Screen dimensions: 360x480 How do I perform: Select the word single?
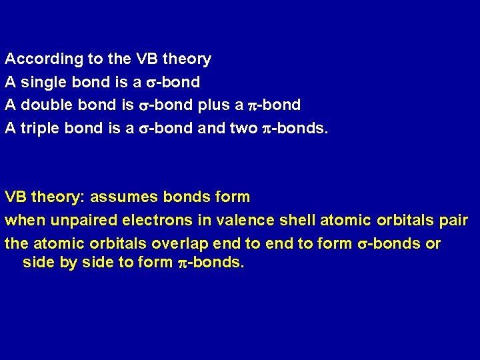coord(42,82)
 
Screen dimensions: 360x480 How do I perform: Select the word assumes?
coord(117,197)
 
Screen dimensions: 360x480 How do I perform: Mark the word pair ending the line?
coord(454,220)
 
